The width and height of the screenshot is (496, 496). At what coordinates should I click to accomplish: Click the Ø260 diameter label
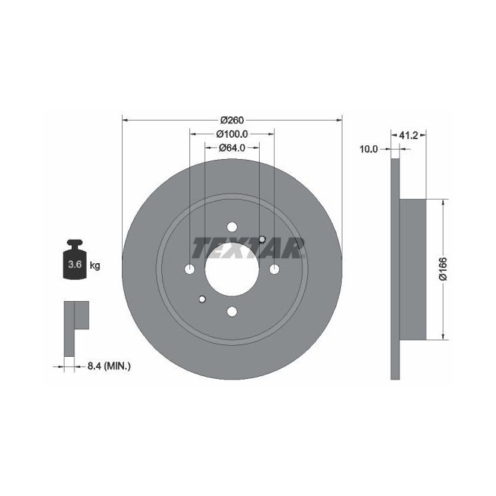point(232,120)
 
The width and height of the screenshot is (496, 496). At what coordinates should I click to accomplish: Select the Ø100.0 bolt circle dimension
point(232,134)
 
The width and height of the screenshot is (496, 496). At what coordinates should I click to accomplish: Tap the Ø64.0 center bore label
point(232,147)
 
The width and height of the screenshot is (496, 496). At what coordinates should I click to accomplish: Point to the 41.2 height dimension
point(409,136)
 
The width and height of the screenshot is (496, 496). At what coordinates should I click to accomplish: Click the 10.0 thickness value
point(369,149)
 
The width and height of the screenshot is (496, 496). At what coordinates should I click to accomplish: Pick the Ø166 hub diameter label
point(443,269)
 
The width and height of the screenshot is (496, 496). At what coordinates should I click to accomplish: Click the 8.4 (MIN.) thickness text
point(109,366)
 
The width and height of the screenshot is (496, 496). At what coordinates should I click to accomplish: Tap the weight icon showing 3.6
point(74,260)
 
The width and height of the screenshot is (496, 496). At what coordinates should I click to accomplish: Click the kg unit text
point(95,265)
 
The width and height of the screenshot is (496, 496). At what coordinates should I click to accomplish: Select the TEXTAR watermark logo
point(248,248)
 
